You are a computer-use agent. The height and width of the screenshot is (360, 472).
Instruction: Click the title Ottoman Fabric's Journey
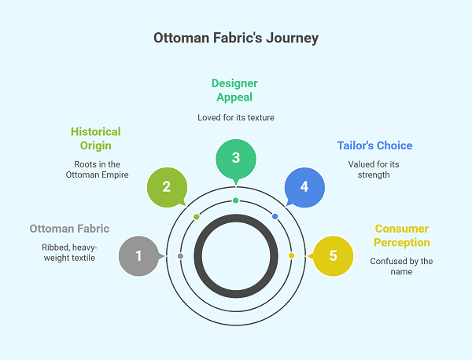pyautogui.click(x=236, y=38)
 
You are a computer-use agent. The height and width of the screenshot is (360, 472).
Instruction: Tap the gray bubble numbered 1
pyautogui.click(x=138, y=255)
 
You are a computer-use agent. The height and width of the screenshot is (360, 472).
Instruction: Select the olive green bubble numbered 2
pyautogui.click(x=167, y=186)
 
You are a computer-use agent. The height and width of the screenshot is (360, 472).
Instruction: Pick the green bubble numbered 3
pyautogui.click(x=235, y=157)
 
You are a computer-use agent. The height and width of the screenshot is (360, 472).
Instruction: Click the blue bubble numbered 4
pyautogui.click(x=304, y=187)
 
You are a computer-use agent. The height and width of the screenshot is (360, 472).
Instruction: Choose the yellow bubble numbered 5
pyautogui.click(x=333, y=255)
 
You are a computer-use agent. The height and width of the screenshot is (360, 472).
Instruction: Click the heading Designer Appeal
pyautogui.click(x=235, y=90)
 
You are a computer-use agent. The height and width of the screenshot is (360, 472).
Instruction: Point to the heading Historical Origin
pyautogui.click(x=95, y=138)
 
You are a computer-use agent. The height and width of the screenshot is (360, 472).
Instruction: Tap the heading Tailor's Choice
pyautogui.click(x=374, y=145)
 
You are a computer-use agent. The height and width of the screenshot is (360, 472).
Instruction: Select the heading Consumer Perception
pyautogui.click(x=400, y=235)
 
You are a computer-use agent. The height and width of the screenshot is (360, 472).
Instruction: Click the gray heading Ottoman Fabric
pyautogui.click(x=69, y=229)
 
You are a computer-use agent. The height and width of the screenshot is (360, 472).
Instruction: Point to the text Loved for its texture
pyautogui.click(x=235, y=117)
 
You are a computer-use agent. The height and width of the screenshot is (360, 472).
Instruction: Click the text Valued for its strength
pyautogui.click(x=374, y=170)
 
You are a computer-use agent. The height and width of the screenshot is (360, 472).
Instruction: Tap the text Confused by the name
pyautogui.click(x=401, y=266)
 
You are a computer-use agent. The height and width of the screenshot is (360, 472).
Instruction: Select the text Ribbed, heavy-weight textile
pyautogui.click(x=69, y=252)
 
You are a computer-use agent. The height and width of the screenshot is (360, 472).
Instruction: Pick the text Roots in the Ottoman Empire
pyautogui.click(x=95, y=169)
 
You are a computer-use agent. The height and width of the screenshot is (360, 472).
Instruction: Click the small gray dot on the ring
pyautogui.click(x=181, y=256)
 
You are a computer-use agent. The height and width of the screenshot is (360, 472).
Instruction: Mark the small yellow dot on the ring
pyautogui.click(x=291, y=255)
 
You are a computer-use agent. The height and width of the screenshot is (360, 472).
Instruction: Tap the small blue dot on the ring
pyautogui.click(x=275, y=216)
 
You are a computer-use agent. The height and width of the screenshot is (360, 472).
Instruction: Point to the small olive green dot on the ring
pyautogui.click(x=197, y=216)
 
